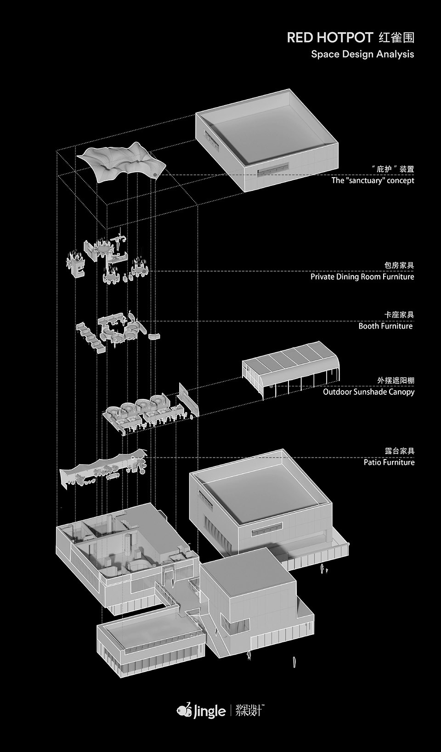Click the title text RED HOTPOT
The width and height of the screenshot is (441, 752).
point(329,38)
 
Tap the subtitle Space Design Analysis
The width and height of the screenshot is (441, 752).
point(362,54)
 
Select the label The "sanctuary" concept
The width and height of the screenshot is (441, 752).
point(373,180)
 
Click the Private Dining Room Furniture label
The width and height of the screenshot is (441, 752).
point(362,277)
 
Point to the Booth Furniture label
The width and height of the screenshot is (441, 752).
point(385,326)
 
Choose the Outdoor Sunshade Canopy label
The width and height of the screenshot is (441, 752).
point(368,392)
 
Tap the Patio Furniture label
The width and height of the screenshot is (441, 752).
point(389,462)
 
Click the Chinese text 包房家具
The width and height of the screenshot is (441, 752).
point(399,265)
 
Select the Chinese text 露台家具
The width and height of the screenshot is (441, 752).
point(399,451)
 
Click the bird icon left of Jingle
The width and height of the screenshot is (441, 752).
point(184,710)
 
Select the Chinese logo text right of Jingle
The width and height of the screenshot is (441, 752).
point(249,711)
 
